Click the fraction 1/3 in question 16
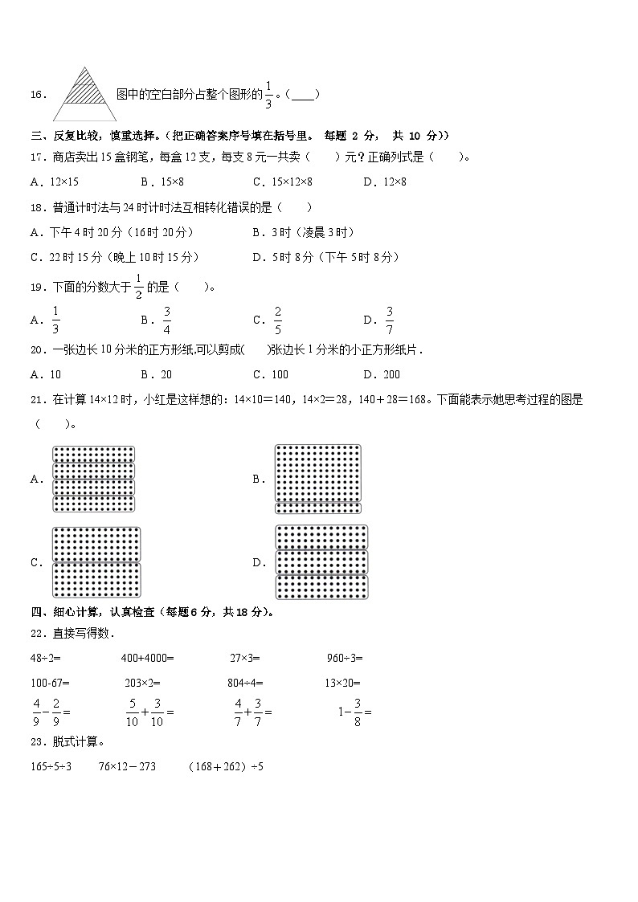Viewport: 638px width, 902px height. coord(268,94)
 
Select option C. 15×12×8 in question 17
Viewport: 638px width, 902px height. coord(283,182)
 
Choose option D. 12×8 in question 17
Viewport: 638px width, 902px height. coord(385,182)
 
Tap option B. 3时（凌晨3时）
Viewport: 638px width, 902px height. coord(303,232)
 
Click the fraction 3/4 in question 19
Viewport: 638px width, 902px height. coord(166,319)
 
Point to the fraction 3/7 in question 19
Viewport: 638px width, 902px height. coord(389,319)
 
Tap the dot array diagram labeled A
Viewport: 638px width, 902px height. coord(93,480)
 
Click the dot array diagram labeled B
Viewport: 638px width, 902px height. coord(318,479)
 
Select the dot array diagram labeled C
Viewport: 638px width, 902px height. coord(96,562)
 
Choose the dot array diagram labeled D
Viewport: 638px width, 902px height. coord(321,562)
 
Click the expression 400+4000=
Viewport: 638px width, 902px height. coord(147,658)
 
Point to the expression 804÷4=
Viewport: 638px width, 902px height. coord(245,683)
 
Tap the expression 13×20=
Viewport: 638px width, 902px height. coord(343,683)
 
